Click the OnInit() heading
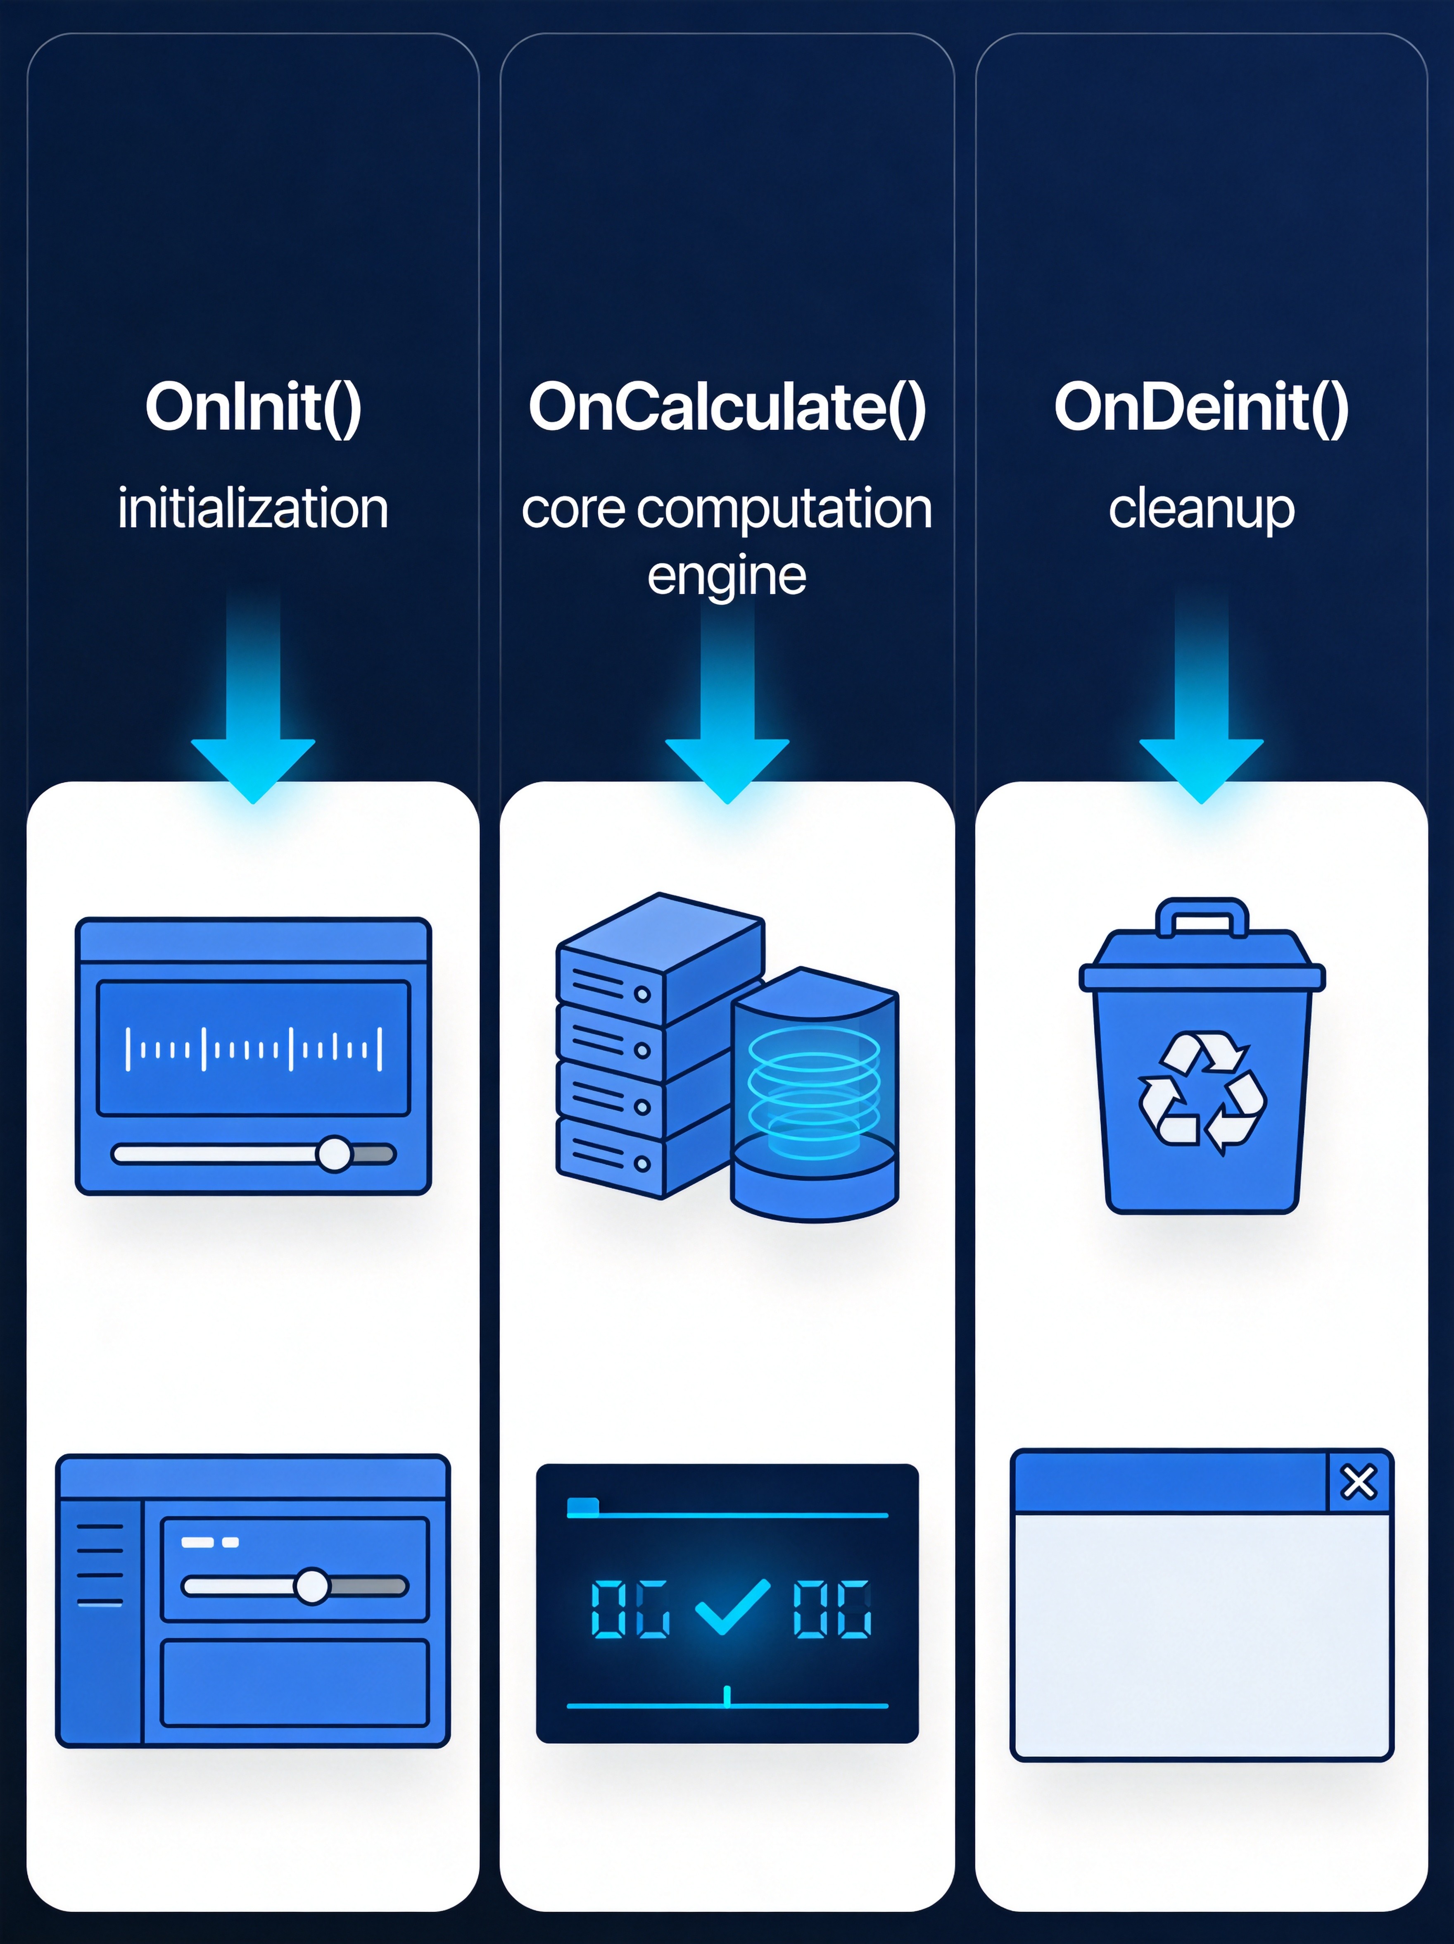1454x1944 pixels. tap(253, 408)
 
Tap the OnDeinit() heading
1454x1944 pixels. tap(1201, 408)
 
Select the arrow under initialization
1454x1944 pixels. tap(253, 694)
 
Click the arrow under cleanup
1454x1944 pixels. tap(1201, 694)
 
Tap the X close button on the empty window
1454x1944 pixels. tap(1358, 1482)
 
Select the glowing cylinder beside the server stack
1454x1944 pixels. tap(815, 1094)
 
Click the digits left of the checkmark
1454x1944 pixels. tap(630, 1608)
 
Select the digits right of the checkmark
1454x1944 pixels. tap(832, 1608)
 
